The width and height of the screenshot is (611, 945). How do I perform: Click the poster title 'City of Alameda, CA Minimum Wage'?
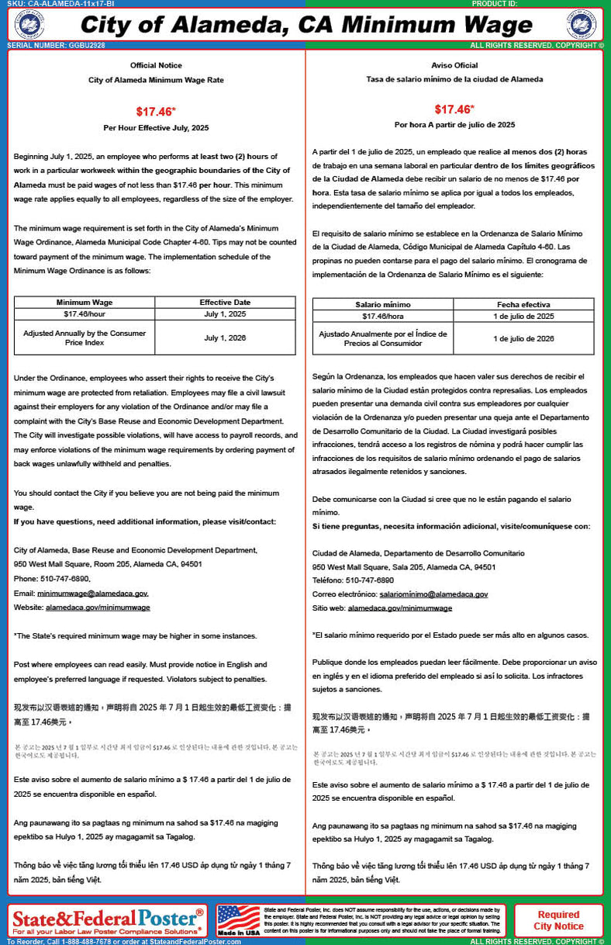305,25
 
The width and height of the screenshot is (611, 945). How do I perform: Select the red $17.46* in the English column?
156,111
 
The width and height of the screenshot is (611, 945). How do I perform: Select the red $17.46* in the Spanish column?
454,109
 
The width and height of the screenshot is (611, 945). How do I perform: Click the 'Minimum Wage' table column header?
85,303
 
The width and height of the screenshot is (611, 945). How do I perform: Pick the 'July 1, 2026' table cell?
225,338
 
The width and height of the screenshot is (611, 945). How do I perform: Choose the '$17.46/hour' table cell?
85,314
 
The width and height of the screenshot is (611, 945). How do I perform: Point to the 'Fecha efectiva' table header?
523,305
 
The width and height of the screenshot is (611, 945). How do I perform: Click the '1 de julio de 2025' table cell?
523,317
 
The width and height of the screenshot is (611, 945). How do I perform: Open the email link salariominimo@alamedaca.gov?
433,594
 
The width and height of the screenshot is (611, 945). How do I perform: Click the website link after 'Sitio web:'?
400,608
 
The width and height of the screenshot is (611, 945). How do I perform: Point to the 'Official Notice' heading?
156,65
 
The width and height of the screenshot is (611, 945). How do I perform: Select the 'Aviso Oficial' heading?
454,65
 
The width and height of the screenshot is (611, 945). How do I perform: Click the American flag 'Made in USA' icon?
239,920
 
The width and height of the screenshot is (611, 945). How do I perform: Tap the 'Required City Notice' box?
558,920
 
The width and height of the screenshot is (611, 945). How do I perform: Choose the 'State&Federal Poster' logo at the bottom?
108,920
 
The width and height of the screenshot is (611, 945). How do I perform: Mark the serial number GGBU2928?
56,46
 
